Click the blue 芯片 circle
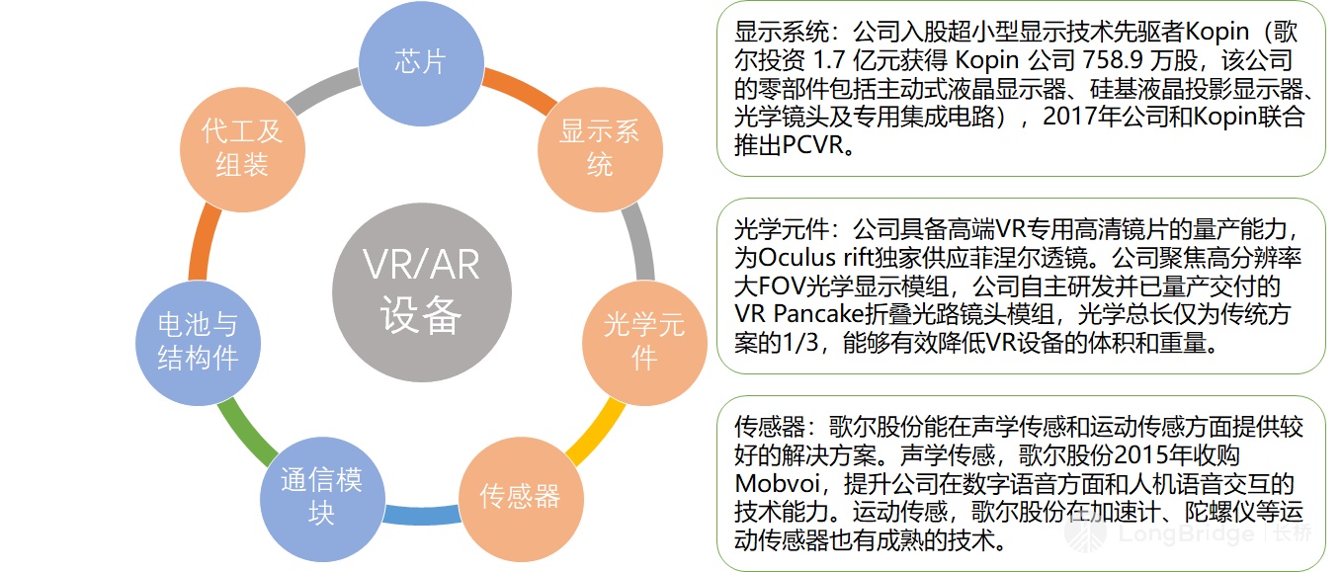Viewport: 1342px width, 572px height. pyautogui.click(x=420, y=62)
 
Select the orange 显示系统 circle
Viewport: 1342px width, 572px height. pyautogui.click(x=600, y=147)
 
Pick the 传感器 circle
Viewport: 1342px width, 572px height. pyautogui.click(x=520, y=496)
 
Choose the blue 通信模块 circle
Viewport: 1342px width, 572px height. pyautogui.click(x=321, y=496)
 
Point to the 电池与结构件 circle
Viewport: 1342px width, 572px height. pyautogui.click(x=199, y=341)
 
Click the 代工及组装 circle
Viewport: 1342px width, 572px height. pyautogui.click(x=242, y=147)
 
